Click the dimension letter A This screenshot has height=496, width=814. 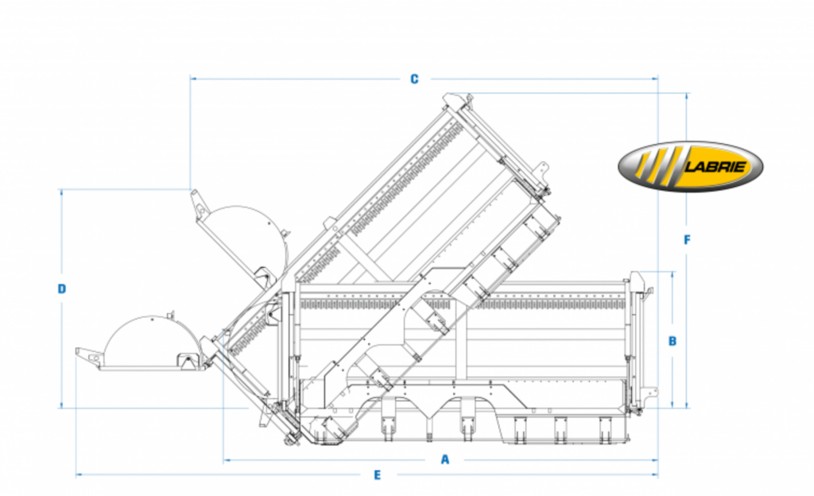click(445, 459)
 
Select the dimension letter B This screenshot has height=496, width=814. click(673, 341)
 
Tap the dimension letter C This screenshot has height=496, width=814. click(414, 79)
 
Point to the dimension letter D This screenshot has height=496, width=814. click(62, 289)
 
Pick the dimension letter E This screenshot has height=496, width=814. click(378, 475)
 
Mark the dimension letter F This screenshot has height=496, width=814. click(688, 240)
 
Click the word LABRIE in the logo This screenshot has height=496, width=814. click(716, 167)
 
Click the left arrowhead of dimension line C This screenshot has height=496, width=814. click(192, 79)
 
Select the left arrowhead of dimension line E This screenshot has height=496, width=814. click(79, 475)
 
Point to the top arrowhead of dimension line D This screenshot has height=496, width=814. click(62, 192)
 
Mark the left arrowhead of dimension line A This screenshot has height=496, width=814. click(226, 459)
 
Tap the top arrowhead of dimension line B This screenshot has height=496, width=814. click(673, 274)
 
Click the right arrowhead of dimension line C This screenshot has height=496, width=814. click(655, 79)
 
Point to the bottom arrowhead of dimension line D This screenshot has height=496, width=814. click(62, 405)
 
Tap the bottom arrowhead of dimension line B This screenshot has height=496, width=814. click(673, 405)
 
